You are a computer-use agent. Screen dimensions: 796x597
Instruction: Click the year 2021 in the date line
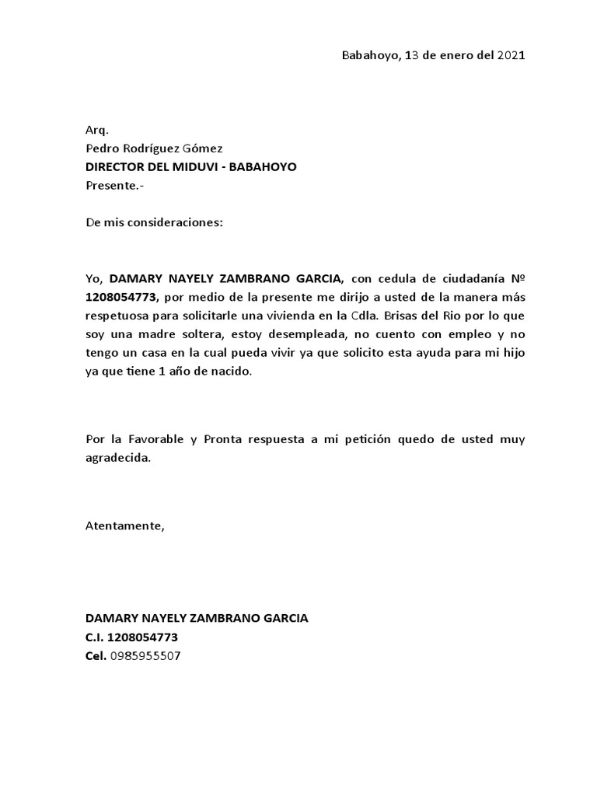click(x=511, y=55)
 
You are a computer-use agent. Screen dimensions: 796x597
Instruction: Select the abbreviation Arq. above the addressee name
click(x=96, y=130)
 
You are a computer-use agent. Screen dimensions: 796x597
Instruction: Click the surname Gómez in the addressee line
click(x=204, y=148)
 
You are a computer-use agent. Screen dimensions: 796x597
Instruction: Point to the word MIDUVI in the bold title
click(x=201, y=167)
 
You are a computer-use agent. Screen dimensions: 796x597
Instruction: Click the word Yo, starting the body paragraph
click(x=94, y=278)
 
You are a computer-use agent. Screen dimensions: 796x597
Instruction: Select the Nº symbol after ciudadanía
click(x=517, y=278)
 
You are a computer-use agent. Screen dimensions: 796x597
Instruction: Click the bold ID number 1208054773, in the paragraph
click(x=122, y=297)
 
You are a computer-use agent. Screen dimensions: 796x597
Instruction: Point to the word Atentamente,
click(x=124, y=525)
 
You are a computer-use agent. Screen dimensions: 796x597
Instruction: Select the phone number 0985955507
click(x=145, y=656)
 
